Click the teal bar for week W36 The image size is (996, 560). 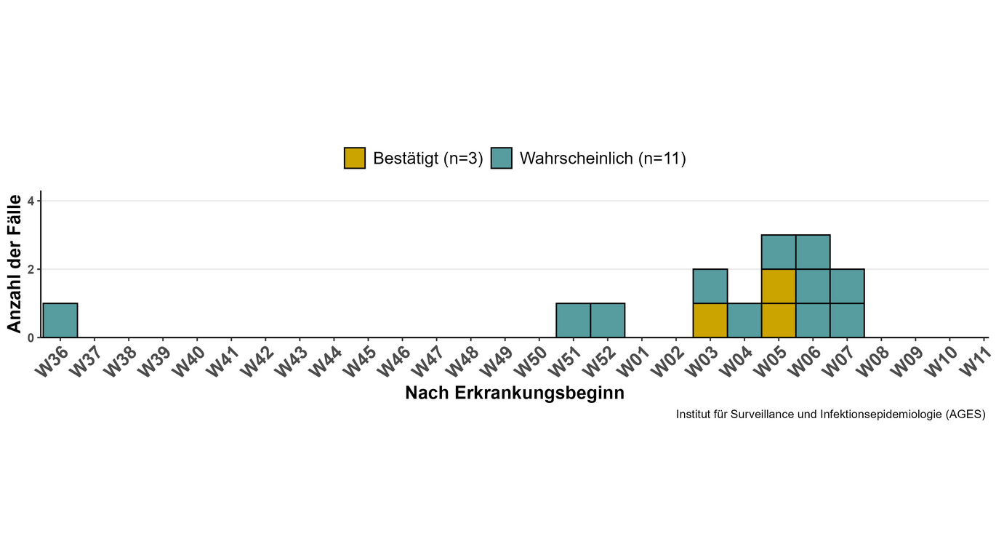[x=60, y=321]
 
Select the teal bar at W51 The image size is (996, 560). [x=573, y=321]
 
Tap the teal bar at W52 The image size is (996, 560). [x=607, y=321]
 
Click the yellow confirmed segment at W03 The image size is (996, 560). [x=710, y=321]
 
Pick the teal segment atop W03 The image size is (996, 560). [x=710, y=287]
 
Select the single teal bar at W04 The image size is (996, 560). [x=744, y=321]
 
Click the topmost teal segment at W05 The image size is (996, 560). [x=778, y=252]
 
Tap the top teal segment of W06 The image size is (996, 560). [x=812, y=252]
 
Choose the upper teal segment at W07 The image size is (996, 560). [x=846, y=287]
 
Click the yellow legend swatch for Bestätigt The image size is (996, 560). [x=355, y=158]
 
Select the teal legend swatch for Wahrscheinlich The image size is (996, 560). [x=502, y=158]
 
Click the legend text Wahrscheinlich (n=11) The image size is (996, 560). [x=603, y=159]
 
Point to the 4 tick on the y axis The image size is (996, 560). [x=31, y=201]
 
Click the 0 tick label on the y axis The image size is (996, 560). [x=31, y=338]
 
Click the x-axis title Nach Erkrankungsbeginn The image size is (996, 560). [x=515, y=393]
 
